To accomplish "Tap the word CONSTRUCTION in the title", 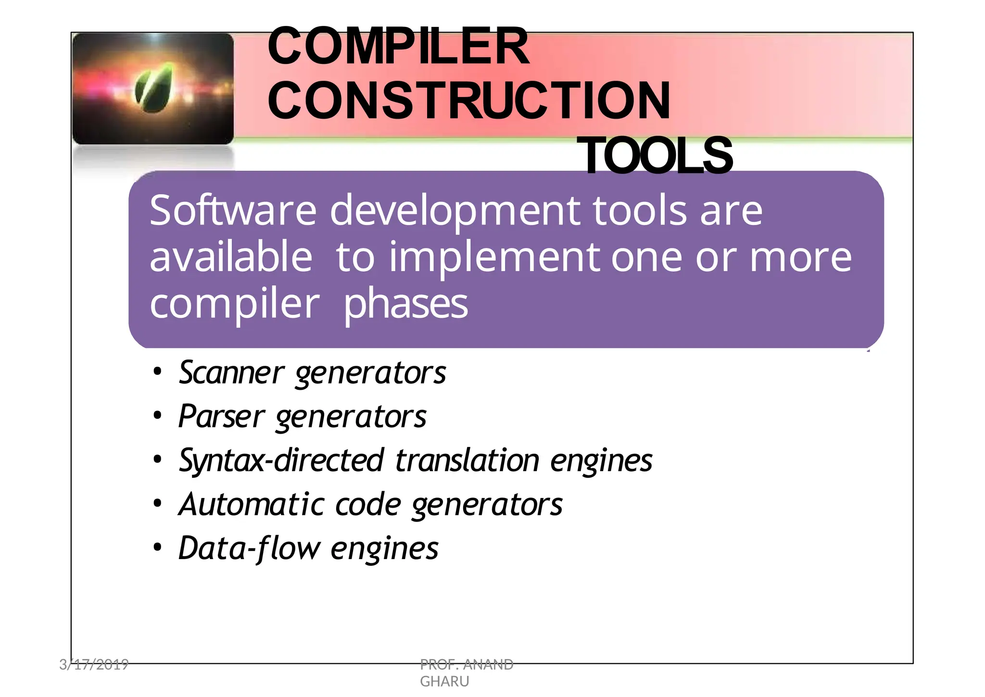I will (469, 101).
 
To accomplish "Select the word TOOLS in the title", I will (657, 156).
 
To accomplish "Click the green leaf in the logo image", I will (154, 88).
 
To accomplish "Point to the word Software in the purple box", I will (233, 211).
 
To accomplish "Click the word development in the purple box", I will (455, 212).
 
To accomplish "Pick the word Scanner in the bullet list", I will (231, 373).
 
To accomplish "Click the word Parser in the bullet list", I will (221, 416).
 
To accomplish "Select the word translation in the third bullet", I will (467, 461).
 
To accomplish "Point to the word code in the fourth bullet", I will (368, 505).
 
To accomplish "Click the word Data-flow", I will (249, 548).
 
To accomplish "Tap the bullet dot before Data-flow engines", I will (157, 548).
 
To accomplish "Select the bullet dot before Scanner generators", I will (157, 372).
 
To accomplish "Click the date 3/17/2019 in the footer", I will (94, 665).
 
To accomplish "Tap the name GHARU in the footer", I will (444, 682).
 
